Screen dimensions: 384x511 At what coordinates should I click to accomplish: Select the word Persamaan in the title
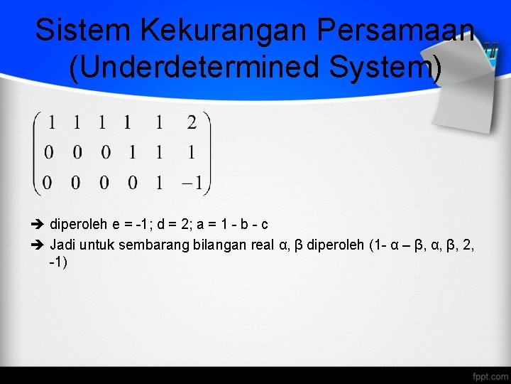pos(395,31)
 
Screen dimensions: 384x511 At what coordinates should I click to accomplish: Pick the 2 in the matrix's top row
pos(192,122)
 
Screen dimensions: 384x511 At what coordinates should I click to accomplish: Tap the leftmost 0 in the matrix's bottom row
pos(48,183)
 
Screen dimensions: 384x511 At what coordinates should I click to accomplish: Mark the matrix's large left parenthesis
pos(35,153)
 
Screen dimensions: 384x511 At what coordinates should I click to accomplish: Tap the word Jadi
pos(62,246)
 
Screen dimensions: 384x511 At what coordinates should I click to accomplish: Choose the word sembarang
pos(148,246)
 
